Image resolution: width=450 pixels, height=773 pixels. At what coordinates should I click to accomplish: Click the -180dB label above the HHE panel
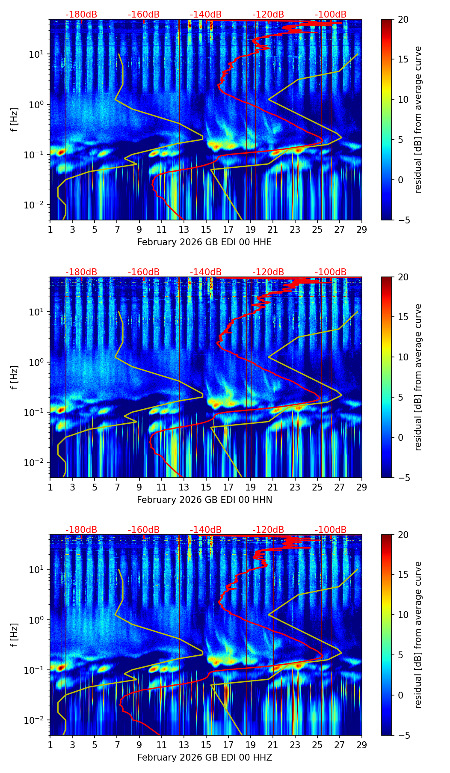[x=81, y=15]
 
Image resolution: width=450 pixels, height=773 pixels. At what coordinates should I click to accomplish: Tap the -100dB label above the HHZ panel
[x=331, y=530]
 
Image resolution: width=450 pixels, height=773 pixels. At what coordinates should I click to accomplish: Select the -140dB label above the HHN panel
[x=206, y=272]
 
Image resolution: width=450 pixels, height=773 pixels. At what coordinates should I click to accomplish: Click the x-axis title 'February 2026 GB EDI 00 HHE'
[x=204, y=242]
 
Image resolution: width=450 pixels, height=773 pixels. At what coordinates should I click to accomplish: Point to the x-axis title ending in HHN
[x=204, y=500]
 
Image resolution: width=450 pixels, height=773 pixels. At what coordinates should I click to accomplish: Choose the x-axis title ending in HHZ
[x=204, y=758]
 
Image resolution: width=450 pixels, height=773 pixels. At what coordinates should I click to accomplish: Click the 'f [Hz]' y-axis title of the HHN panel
[x=15, y=377]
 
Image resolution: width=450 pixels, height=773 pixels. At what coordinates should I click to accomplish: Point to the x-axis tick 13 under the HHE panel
[x=184, y=229]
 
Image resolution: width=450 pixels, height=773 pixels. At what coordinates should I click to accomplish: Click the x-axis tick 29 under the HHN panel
[x=362, y=487]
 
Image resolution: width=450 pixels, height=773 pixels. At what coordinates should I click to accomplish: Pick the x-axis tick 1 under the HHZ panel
[x=50, y=745]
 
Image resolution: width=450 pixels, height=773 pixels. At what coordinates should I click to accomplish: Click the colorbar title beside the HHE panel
[x=418, y=119]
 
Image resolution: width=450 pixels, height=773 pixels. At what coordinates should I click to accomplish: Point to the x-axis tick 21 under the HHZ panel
[x=273, y=745]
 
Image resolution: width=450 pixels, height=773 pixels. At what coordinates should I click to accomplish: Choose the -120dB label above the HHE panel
[x=268, y=15]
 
